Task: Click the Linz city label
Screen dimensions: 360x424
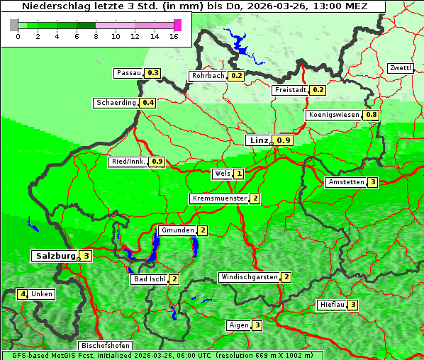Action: [258, 140]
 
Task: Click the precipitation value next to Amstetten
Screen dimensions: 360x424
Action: [373, 182]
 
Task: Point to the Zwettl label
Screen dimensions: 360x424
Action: [401, 68]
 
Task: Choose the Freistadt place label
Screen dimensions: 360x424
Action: [291, 90]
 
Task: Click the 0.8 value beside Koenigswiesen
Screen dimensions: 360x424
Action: [371, 115]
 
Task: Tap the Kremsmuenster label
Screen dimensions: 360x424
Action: [219, 198]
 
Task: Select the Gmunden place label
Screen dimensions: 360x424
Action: [176, 230]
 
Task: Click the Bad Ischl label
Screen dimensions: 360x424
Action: [150, 279]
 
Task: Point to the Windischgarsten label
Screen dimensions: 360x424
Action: [249, 277]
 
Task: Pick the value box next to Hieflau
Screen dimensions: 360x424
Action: [352, 305]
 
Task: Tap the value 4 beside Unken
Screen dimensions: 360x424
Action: [23, 294]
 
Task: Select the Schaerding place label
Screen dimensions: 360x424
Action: [116, 103]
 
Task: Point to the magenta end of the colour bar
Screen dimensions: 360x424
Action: [177, 25]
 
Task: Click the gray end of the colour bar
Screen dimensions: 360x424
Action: [14, 25]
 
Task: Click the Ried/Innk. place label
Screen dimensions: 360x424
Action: [128, 162]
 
